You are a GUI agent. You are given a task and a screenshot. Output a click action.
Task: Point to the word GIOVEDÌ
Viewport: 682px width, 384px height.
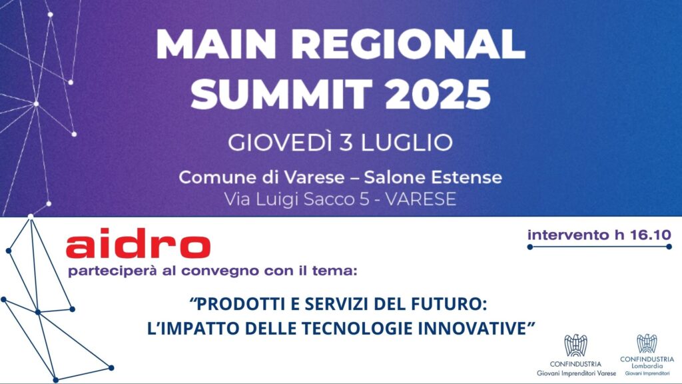tap(281, 142)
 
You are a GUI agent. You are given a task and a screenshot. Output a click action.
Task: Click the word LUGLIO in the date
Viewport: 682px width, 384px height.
tap(407, 143)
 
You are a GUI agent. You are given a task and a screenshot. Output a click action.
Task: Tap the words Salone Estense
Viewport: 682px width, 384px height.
tap(433, 177)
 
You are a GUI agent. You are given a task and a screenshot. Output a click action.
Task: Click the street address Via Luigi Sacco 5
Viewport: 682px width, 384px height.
tap(296, 199)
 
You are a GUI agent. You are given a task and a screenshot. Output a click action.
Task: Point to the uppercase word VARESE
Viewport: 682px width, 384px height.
tap(421, 199)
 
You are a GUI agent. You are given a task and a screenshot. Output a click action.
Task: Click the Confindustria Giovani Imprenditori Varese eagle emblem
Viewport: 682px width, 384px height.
tap(575, 346)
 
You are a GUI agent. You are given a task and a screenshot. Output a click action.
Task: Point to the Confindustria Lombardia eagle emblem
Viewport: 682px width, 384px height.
tap(647, 344)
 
